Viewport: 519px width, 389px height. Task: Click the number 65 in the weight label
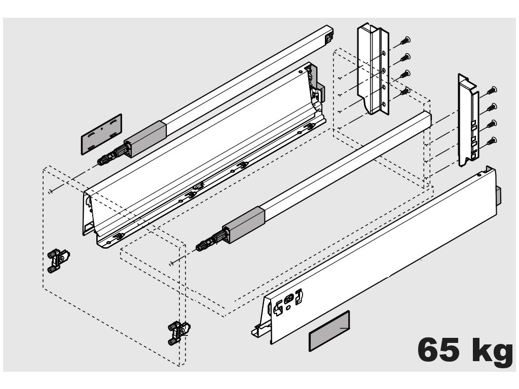(439, 350)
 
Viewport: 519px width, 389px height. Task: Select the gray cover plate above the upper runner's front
(101, 133)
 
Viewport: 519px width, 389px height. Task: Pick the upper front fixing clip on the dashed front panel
(58, 260)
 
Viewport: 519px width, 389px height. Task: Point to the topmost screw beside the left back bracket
(405, 41)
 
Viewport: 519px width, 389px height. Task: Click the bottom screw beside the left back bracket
(404, 91)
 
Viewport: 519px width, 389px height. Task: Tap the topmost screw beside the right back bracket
(492, 91)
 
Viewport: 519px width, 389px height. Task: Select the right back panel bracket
(468, 120)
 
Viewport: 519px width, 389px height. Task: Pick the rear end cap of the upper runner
(329, 35)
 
